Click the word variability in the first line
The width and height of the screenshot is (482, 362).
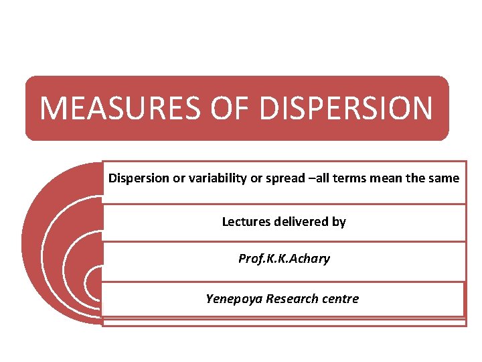[208, 178]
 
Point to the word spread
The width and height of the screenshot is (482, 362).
[277, 178]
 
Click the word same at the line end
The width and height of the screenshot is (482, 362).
[445, 178]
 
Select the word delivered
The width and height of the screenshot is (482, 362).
[302, 221]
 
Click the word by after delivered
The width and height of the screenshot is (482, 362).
[339, 221]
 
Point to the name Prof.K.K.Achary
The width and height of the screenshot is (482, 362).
[284, 259]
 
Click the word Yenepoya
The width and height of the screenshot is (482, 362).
[233, 299]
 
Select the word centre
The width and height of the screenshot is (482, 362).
[340, 299]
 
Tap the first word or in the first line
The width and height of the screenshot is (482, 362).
[175, 178]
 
